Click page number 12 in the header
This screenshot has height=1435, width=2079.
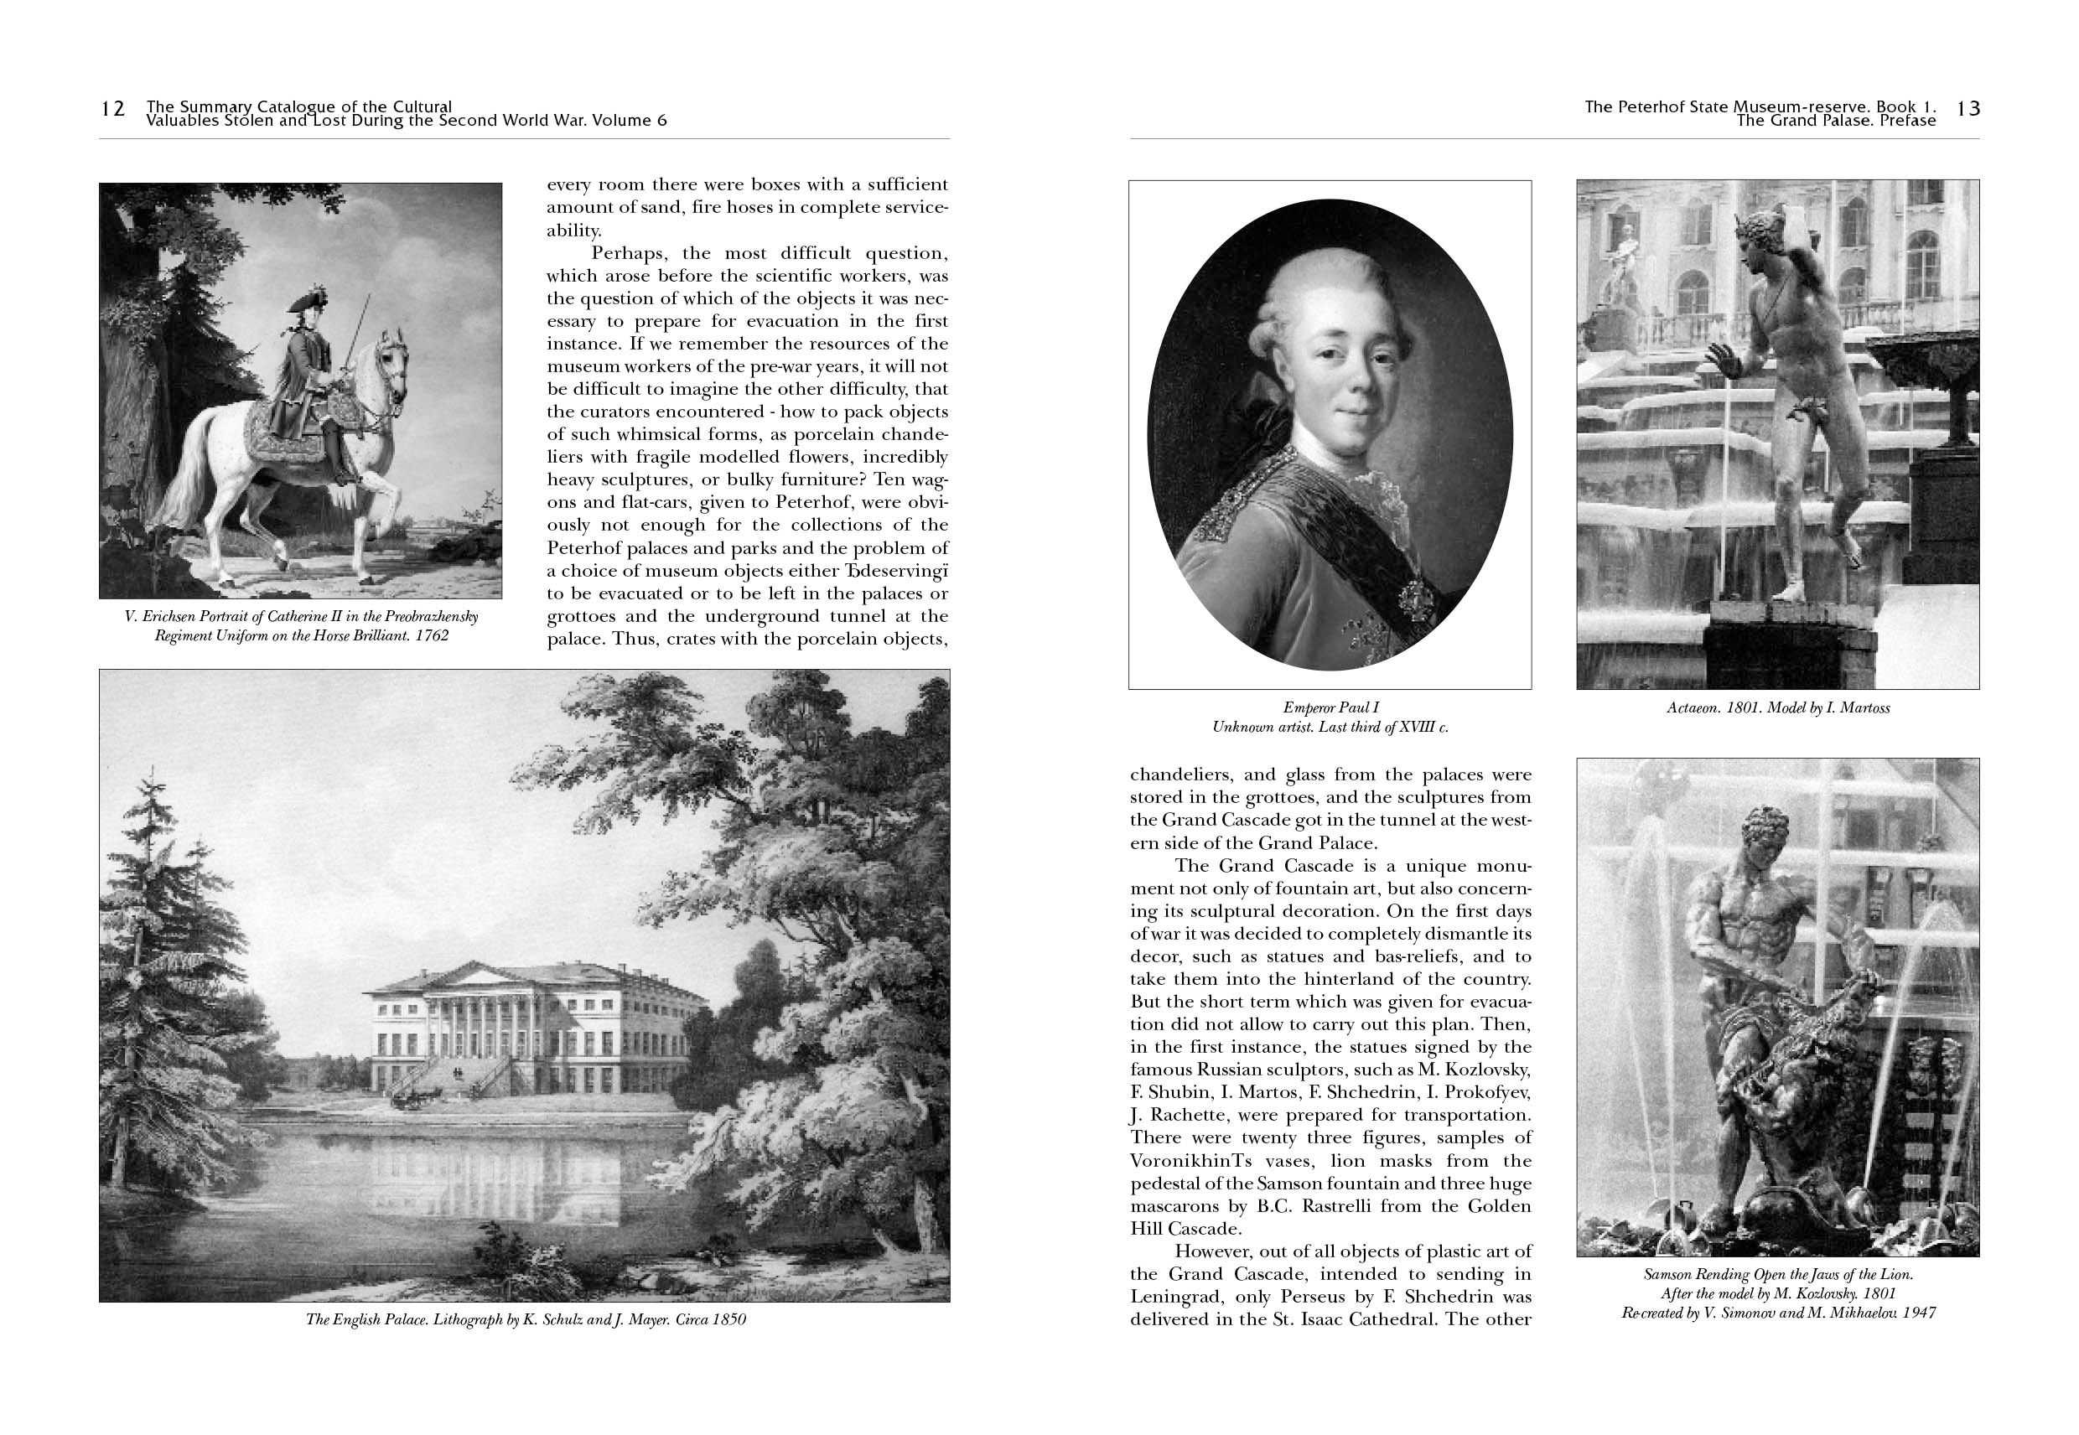tap(112, 109)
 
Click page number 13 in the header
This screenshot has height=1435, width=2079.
tap(1968, 109)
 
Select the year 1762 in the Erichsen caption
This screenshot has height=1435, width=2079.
tap(433, 635)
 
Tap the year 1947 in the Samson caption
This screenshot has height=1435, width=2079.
tap(1917, 1313)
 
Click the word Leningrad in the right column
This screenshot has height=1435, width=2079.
tap(1174, 1297)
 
